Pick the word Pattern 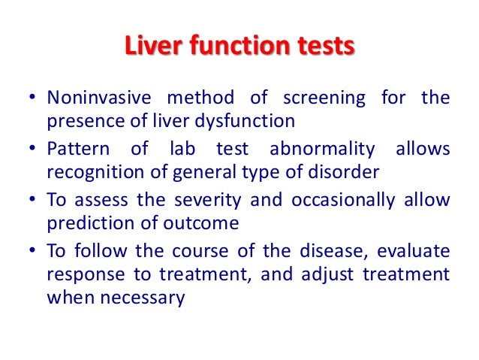pos(74,149)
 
